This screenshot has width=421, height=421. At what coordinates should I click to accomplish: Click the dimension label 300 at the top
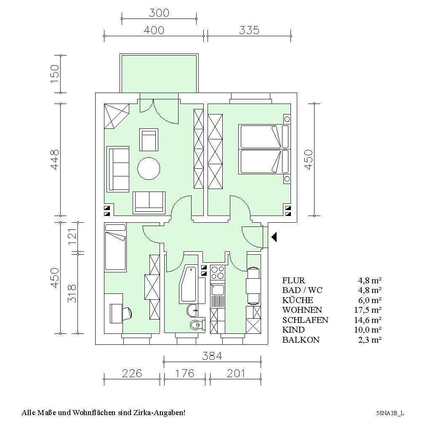(x=159, y=13)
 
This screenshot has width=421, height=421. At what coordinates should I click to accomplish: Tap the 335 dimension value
(x=249, y=30)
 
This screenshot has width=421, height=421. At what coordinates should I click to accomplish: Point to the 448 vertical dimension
(x=54, y=160)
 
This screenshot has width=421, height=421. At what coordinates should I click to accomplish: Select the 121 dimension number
(x=72, y=236)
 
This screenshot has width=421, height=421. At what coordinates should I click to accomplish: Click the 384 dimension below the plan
(x=212, y=356)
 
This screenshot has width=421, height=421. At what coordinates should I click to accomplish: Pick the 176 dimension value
(x=184, y=373)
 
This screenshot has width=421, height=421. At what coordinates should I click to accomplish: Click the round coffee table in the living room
(x=149, y=168)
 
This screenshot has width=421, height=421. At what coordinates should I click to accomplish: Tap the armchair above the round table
(x=149, y=140)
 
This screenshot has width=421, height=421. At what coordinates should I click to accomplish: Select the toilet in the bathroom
(x=197, y=325)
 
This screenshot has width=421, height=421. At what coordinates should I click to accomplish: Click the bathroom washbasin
(x=192, y=311)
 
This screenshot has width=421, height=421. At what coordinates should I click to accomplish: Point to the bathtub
(x=189, y=284)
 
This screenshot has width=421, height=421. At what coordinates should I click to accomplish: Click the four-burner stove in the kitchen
(x=217, y=272)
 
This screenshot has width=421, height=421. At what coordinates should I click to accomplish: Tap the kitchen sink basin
(x=218, y=290)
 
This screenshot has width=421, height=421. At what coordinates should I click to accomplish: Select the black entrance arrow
(x=274, y=237)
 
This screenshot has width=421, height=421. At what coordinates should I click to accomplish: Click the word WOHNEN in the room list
(x=302, y=310)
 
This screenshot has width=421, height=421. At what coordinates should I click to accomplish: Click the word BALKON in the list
(x=301, y=340)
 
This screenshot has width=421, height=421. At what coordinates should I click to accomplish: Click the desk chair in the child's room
(x=127, y=313)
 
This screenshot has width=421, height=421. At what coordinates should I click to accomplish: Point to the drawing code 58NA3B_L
(x=390, y=413)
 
